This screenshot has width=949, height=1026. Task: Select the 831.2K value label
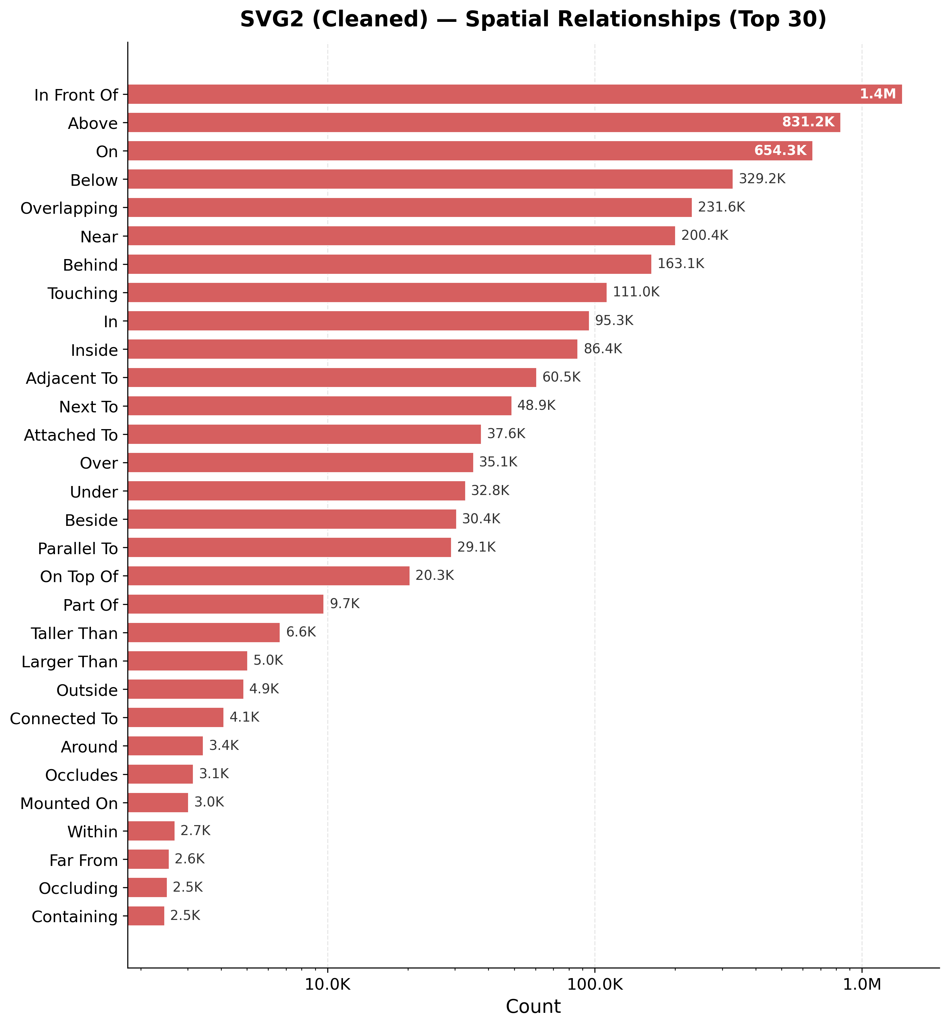click(808, 122)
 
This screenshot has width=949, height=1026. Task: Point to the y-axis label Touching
click(83, 293)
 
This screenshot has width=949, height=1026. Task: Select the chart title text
click(533, 20)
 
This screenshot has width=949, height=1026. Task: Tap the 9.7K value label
click(345, 604)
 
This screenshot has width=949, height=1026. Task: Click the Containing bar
click(146, 916)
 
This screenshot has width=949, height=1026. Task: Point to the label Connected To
click(64, 718)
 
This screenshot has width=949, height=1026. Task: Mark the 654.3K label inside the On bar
click(780, 150)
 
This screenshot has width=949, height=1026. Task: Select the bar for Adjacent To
click(332, 377)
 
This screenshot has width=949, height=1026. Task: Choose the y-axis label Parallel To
click(78, 548)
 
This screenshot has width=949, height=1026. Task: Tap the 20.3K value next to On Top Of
click(434, 576)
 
